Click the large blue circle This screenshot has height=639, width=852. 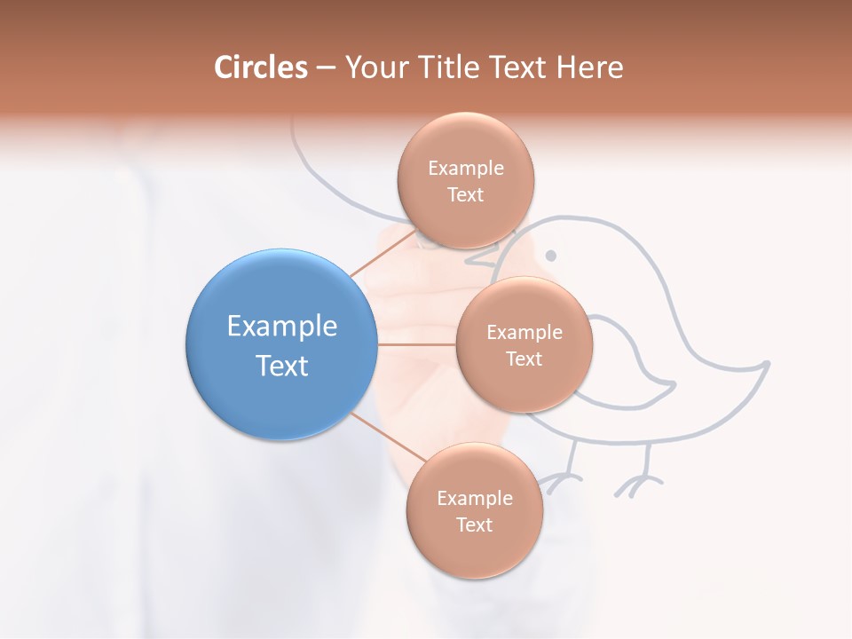click(281, 345)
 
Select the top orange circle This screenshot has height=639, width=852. click(465, 181)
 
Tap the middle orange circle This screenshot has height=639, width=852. click(524, 344)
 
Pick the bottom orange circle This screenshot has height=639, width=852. click(474, 511)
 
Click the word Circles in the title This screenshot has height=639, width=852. click(261, 67)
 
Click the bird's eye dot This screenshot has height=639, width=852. click(550, 256)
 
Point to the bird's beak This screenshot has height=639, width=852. click(480, 262)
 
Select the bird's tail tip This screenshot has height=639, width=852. click(765, 363)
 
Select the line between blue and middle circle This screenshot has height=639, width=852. click(415, 344)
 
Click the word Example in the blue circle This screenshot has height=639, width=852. click(281, 327)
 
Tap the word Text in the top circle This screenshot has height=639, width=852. click(465, 195)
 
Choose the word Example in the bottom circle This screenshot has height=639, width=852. click(474, 498)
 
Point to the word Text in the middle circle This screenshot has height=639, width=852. click(524, 359)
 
